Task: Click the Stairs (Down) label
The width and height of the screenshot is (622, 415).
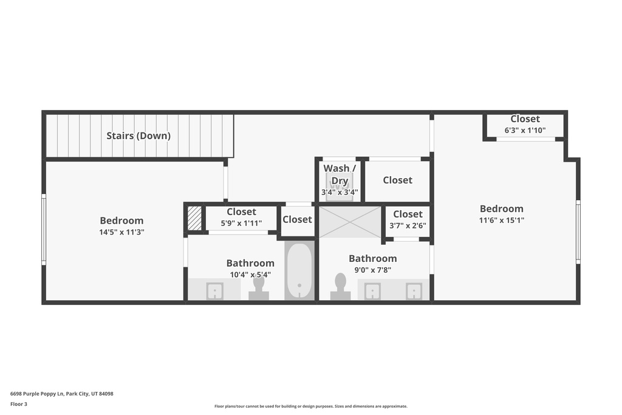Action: coord(138,135)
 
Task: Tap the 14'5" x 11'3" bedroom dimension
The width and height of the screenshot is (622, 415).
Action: coord(121,232)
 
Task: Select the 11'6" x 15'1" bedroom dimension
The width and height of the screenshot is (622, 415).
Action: coord(502,220)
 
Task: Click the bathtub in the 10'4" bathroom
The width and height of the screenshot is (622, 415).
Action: coord(299,270)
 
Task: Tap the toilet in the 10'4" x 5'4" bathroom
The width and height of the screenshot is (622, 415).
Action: coord(259,288)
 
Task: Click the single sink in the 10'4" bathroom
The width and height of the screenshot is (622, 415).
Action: coord(214,291)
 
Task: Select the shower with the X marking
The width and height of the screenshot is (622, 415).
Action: coord(350,222)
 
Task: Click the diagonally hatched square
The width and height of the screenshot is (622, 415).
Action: coord(194,218)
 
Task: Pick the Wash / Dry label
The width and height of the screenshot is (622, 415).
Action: coord(340,174)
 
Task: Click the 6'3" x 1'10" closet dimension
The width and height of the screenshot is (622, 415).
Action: coord(525,130)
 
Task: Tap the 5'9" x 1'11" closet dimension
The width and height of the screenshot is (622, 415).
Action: coord(241,224)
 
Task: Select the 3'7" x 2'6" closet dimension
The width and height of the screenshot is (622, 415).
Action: coord(408,226)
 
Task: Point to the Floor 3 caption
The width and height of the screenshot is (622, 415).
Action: coord(19,404)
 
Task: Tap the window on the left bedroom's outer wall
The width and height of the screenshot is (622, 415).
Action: coord(44,229)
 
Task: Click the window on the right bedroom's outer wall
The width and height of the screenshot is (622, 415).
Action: coord(578,232)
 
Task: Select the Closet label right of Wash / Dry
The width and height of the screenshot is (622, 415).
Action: coord(397,180)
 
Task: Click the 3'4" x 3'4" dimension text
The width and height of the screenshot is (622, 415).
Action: coord(340,193)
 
